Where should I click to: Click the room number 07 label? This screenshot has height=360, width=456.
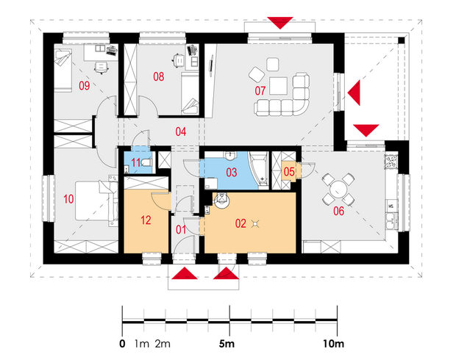[260, 90]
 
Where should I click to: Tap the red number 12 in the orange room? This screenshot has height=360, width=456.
[146, 220]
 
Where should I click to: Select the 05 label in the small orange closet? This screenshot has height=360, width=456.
[289, 171]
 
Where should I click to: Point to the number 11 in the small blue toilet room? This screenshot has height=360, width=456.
[136, 162]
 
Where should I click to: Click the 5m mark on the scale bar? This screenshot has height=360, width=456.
[227, 344]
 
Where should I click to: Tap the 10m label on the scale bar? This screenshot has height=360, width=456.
[333, 344]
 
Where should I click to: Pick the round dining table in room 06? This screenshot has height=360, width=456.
[338, 189]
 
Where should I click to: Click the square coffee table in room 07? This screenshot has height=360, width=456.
[278, 86]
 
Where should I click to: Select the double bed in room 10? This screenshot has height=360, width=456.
[96, 201]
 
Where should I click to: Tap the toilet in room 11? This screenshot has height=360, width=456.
[146, 162]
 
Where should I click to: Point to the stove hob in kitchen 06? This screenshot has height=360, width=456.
[391, 162]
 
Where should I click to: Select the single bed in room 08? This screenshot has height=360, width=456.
[190, 93]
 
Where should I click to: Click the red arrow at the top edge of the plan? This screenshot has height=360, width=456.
[280, 23]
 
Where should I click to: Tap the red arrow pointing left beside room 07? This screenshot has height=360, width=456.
[354, 93]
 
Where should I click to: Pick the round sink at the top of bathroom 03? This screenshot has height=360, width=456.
[230, 156]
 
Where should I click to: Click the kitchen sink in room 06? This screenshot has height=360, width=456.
[391, 221]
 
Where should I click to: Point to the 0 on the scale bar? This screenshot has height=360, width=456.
[122, 344]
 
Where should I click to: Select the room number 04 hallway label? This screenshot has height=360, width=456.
[181, 132]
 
